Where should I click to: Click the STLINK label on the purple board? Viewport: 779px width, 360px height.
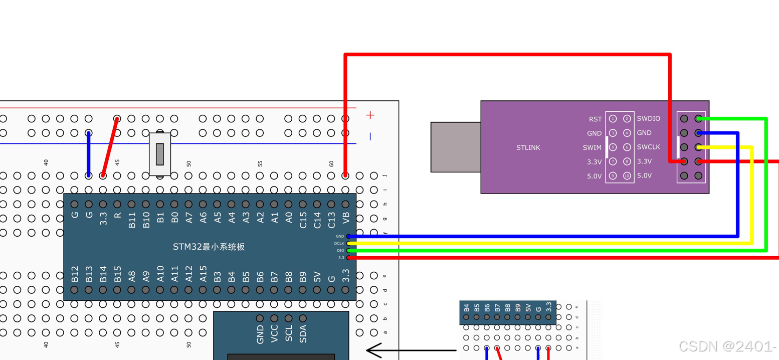click(x=528, y=148)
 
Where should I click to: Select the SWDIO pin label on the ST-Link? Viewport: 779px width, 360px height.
click(x=648, y=119)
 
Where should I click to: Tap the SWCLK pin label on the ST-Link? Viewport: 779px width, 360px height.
click(x=648, y=147)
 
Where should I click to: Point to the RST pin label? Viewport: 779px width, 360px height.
click(x=595, y=119)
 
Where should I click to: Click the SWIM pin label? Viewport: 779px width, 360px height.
click(x=592, y=148)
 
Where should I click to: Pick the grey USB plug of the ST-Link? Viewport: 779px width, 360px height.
click(x=455, y=147)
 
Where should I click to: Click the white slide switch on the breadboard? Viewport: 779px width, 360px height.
click(x=159, y=154)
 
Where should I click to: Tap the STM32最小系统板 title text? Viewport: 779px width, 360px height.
click(x=209, y=247)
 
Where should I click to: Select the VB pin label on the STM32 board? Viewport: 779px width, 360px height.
click(x=345, y=217)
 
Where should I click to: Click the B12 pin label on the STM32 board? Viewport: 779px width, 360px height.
click(x=75, y=274)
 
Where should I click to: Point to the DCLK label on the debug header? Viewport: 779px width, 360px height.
click(x=339, y=243)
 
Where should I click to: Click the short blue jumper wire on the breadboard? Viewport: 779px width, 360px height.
click(x=89, y=154)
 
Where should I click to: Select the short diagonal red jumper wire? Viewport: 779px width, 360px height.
click(x=110, y=147)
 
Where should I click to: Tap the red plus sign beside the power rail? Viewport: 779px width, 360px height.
click(x=370, y=115)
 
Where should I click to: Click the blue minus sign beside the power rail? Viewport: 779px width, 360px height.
click(x=370, y=136)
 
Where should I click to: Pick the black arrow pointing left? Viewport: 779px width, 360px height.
click(x=411, y=350)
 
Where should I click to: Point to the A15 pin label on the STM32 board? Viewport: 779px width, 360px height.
click(x=203, y=274)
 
